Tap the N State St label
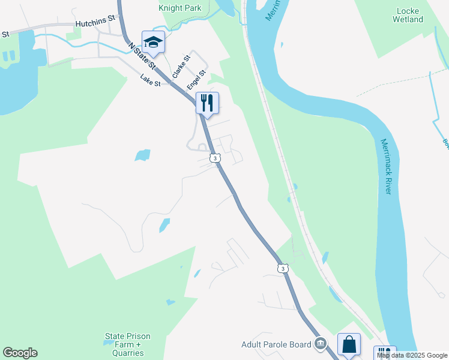pos(142,55)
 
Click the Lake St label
pos(150,80)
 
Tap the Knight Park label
pos(180,8)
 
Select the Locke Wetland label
pos(410,15)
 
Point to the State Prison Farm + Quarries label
pos(127,344)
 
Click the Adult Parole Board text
pos(276,344)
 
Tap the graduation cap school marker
pos(153,42)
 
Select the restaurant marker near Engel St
pos(207,103)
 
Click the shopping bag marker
pos(349,344)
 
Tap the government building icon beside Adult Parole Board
pos(320,344)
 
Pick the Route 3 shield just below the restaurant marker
pos(214,158)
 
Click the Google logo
pos(20,353)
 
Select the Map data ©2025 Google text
pos(412,355)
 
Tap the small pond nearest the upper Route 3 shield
pos(143,155)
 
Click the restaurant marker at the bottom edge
pos(384,353)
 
